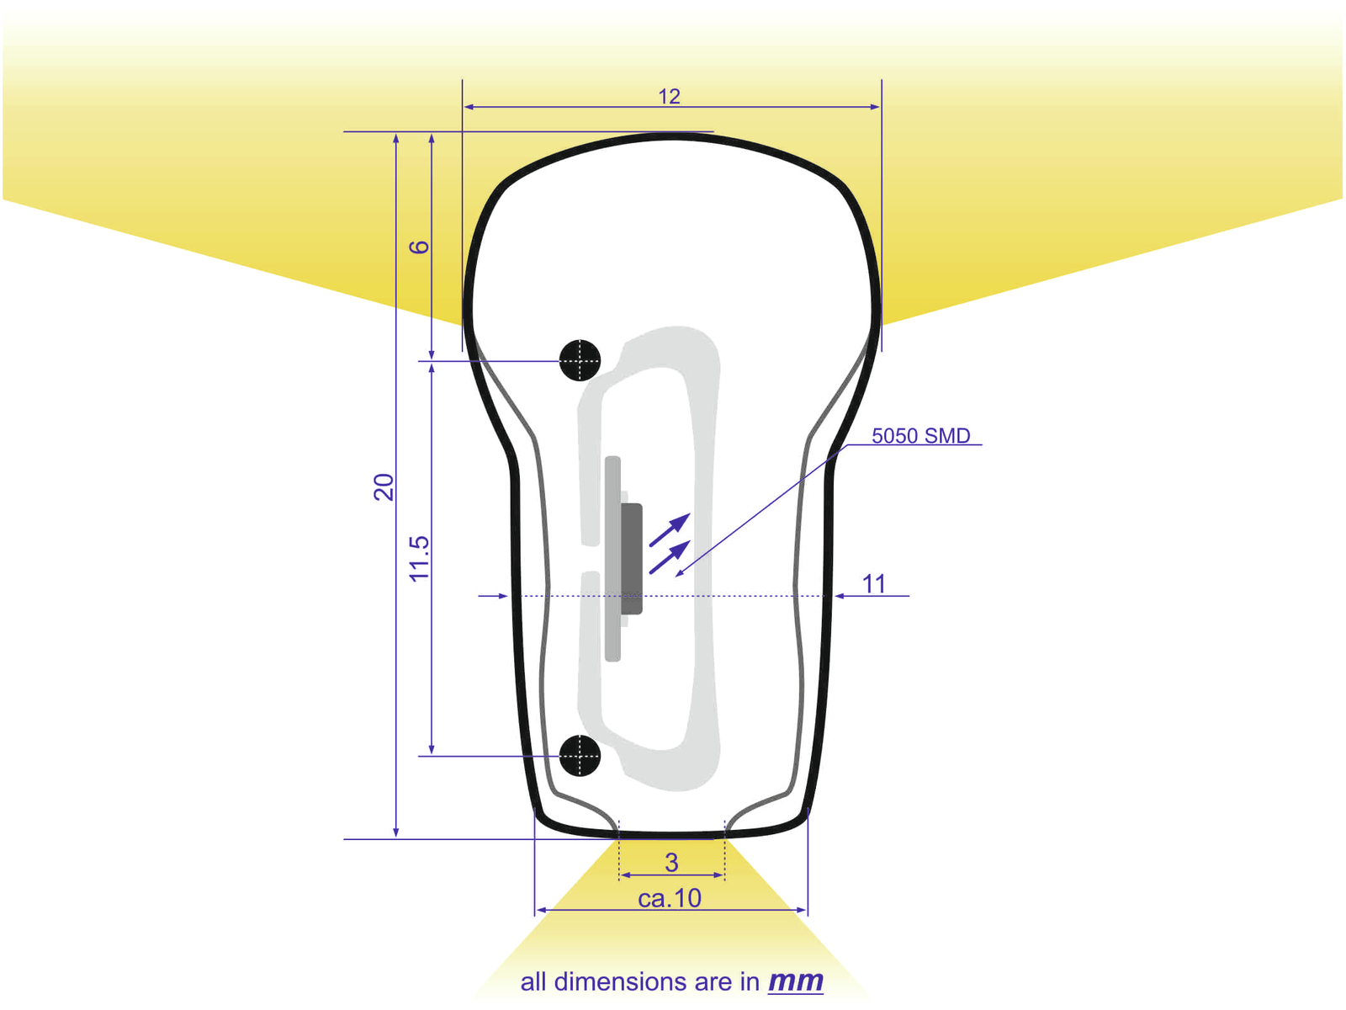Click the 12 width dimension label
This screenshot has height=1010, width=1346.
(x=669, y=96)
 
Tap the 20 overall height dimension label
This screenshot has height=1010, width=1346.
(x=384, y=487)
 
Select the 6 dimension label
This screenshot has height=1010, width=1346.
(x=419, y=247)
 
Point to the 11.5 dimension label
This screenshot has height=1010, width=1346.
(x=420, y=559)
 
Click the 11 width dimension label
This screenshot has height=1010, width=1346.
(x=874, y=584)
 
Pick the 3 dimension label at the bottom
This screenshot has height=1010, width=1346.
(x=671, y=863)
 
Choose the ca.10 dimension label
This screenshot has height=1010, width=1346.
(x=670, y=898)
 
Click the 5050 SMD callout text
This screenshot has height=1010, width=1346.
(x=921, y=436)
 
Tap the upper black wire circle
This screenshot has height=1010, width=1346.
(x=580, y=360)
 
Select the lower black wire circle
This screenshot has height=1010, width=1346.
(x=580, y=756)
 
